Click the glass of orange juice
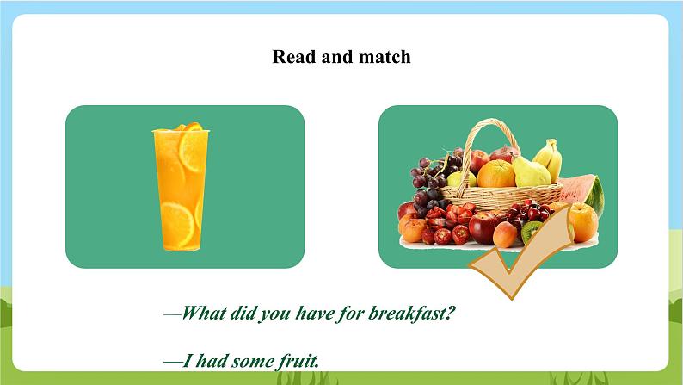coord(178,188)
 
